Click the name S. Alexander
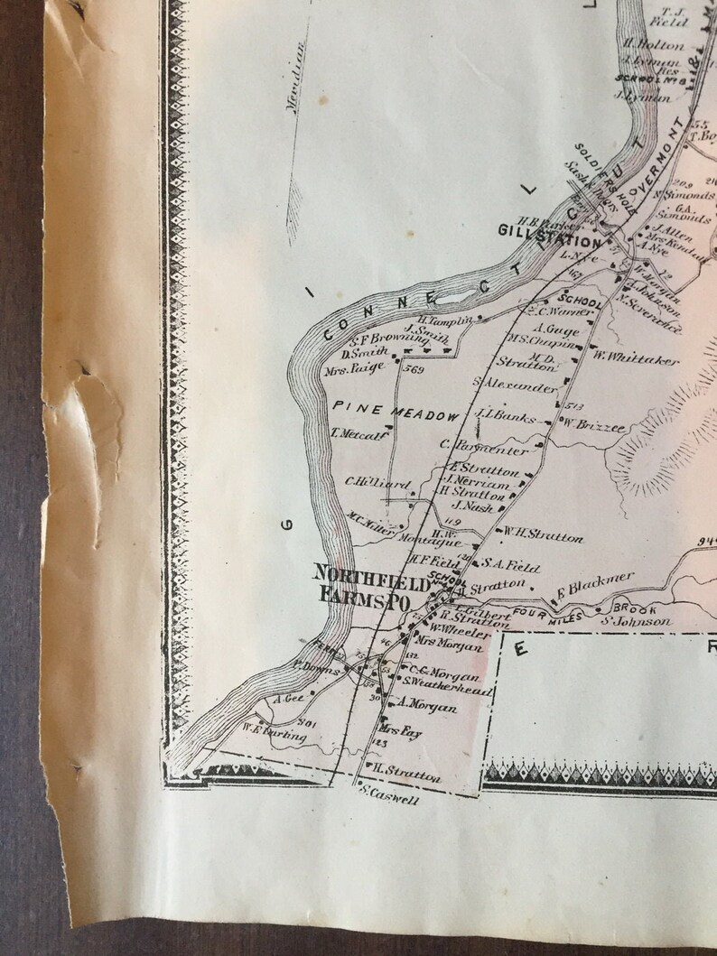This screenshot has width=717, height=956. [514, 385]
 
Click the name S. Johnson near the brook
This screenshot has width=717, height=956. [637, 620]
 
